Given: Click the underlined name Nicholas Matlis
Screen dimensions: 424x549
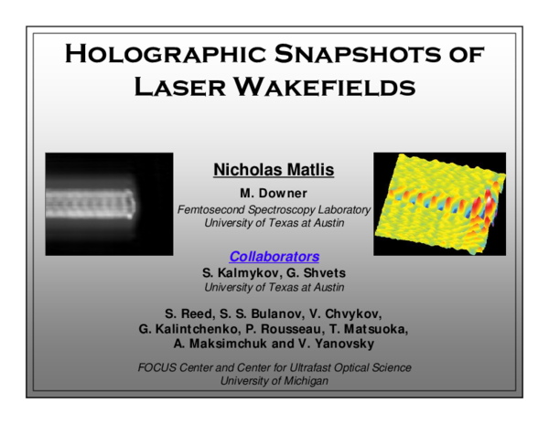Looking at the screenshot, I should coord(274,169).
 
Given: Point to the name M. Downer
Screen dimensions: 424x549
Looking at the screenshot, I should coord(274,194).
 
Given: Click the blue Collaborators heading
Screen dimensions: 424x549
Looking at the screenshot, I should coord(274,256).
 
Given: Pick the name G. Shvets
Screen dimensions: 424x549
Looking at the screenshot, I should coord(316,272).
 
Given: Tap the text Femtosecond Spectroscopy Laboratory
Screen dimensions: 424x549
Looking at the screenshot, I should coord(274,209).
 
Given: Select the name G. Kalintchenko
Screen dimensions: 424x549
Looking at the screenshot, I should coord(189,329).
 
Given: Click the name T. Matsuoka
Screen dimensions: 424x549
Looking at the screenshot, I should coord(372,329).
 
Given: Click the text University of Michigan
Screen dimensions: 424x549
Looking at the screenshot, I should coord(274,381).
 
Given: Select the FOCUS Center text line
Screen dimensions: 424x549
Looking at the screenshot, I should coord(274,367).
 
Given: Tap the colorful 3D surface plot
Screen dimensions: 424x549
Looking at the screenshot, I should coord(439,203).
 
